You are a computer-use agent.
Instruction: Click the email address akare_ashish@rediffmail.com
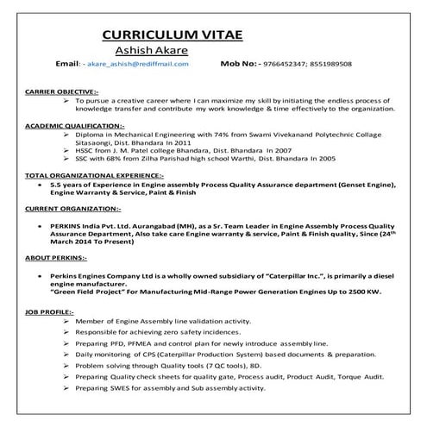[x=137, y=64]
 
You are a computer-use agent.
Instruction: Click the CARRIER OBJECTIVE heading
[x=61, y=90]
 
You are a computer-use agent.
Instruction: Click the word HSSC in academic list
[x=85, y=149]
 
